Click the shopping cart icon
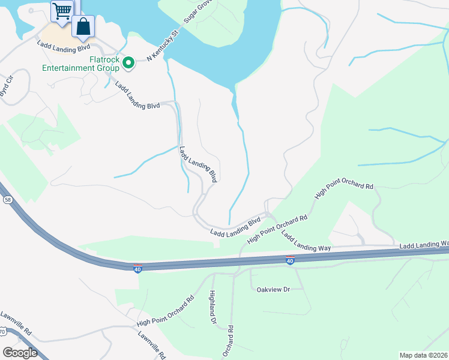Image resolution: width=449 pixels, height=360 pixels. coord(61,11)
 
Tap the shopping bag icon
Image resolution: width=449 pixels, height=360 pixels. coord(83,27)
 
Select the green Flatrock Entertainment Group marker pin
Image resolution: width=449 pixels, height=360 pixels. coord(128,61)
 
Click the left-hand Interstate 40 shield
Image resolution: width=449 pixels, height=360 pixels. coord(137,266)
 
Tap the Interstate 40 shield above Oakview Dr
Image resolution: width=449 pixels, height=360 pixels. coord(290,260)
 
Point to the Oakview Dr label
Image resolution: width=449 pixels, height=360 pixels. coord(273,290)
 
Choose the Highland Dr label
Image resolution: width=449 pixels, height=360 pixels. coord(212,307)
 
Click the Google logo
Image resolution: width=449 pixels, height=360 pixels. coord(20,353)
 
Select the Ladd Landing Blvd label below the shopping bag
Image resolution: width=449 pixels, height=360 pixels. coord(63,45)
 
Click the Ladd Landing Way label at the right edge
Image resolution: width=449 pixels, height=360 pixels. coord(424,245)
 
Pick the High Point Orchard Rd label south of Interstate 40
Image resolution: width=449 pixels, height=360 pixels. coord(165,310)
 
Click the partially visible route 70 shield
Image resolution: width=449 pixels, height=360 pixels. coord(2,331)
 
